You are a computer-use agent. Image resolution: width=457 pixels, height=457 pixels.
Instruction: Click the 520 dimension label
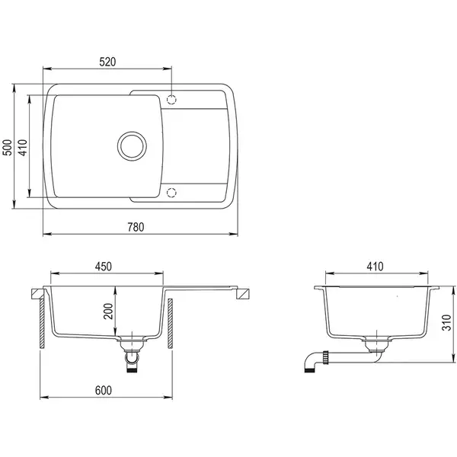click(107, 62)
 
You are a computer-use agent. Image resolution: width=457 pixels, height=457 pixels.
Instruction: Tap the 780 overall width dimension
click(136, 227)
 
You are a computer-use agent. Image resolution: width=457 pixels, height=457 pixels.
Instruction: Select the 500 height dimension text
click(8, 148)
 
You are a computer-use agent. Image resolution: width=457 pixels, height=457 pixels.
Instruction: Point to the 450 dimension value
click(104, 267)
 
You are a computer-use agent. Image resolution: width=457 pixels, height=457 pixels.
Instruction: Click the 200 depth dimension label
click(108, 312)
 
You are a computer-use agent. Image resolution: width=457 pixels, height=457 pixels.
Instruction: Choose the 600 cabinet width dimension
click(104, 390)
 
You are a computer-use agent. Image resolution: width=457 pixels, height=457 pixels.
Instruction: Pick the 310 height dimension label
click(446, 323)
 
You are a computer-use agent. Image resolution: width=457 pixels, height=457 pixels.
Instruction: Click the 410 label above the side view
click(375, 267)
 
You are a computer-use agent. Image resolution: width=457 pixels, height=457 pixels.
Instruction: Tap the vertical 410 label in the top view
click(23, 148)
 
